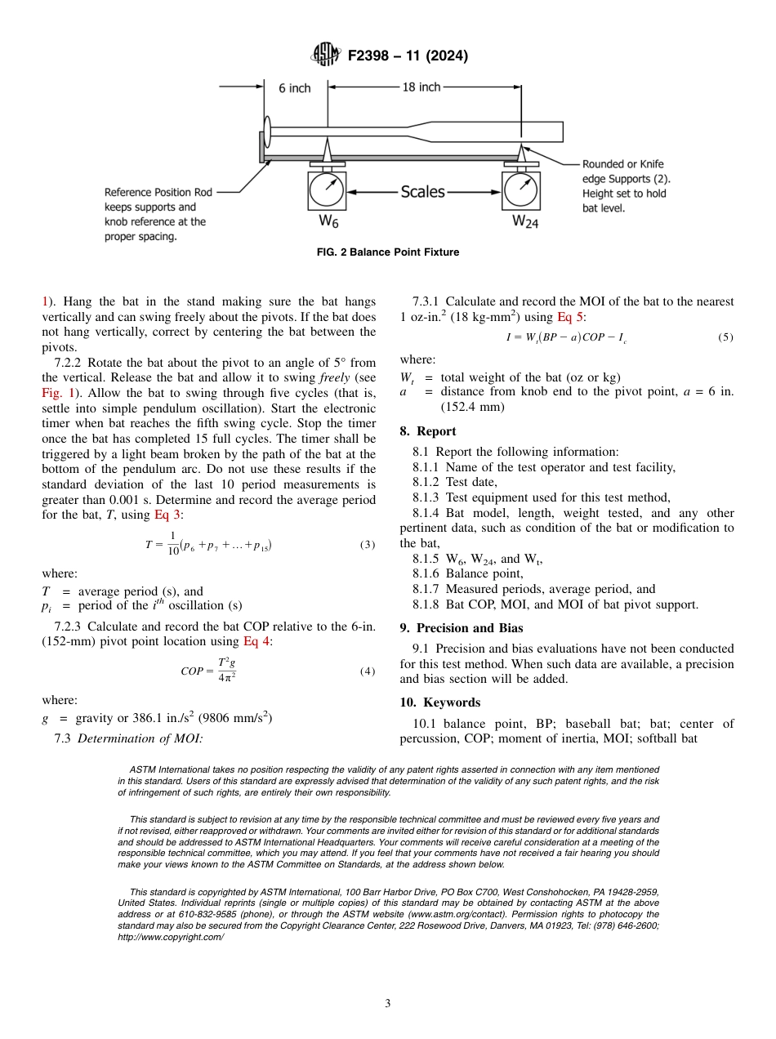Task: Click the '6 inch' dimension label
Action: coord(294,88)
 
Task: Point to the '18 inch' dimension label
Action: coord(421,87)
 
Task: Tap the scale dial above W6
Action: coord(327,191)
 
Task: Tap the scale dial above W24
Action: coord(521,191)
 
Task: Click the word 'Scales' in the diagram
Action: coord(422,192)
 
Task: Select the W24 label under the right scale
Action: coord(525,221)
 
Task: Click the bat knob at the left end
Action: coord(268,132)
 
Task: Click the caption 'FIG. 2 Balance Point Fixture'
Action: coord(387,252)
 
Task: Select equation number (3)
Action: coord(367,545)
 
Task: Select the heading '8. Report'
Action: coord(427,431)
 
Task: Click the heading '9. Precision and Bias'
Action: coord(461,628)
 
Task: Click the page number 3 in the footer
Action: coord(388,1003)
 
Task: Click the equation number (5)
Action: coord(725,337)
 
